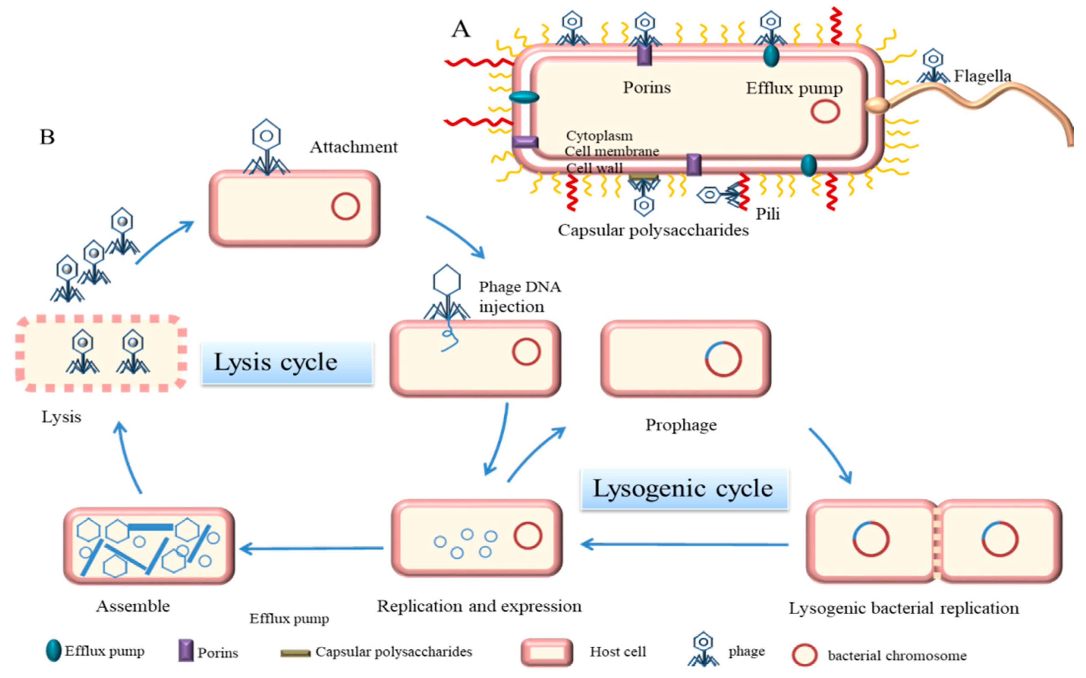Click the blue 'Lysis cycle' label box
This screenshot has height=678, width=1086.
(287, 362)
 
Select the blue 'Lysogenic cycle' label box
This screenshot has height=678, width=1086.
(684, 489)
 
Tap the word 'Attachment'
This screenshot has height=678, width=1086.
(354, 147)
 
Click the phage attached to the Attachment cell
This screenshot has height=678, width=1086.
(266, 148)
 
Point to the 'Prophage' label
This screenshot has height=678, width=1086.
(681, 425)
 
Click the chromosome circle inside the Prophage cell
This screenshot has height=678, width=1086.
(723, 359)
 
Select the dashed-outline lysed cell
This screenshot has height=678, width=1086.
(101, 353)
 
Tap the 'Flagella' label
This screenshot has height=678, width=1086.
(982, 76)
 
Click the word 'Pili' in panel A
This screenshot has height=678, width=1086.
(768, 214)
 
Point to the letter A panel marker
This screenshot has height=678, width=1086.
(461, 30)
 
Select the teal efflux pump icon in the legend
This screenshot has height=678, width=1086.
(53, 650)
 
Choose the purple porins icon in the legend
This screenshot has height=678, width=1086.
(186, 651)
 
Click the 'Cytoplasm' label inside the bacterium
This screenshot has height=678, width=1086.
(599, 136)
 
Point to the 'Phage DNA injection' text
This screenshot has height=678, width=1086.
(519, 296)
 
